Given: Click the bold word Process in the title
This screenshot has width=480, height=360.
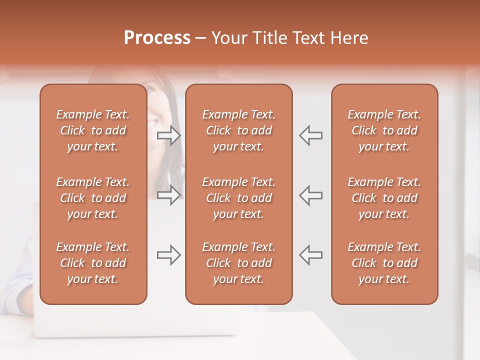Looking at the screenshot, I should click(x=157, y=38).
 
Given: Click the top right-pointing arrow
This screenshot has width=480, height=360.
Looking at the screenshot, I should click(x=169, y=135).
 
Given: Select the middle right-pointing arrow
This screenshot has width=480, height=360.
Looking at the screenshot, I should click(x=169, y=195).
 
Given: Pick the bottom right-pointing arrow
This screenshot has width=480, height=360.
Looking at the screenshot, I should click(x=169, y=255).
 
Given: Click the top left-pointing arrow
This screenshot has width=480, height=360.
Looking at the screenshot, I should click(x=310, y=135).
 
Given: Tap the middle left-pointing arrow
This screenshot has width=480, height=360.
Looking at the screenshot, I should click(x=310, y=195).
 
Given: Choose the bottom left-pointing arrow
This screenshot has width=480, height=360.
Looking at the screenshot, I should click(x=310, y=255).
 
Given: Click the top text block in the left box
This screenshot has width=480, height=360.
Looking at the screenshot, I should click(x=93, y=130).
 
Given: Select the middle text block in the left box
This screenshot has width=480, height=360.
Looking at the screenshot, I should click(x=93, y=198).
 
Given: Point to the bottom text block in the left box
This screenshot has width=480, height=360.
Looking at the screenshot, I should click(x=93, y=263).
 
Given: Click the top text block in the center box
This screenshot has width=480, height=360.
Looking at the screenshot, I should click(x=238, y=130).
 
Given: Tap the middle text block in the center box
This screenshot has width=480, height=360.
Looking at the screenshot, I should click(x=238, y=198).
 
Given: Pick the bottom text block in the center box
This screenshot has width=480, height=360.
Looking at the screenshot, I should click(x=238, y=263).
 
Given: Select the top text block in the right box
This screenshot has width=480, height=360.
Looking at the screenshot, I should click(x=384, y=130).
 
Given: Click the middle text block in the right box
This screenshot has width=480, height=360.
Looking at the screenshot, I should click(x=384, y=198).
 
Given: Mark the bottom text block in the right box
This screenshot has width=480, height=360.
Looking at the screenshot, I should click(x=384, y=263).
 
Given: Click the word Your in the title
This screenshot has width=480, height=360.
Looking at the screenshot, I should click(x=228, y=38).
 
